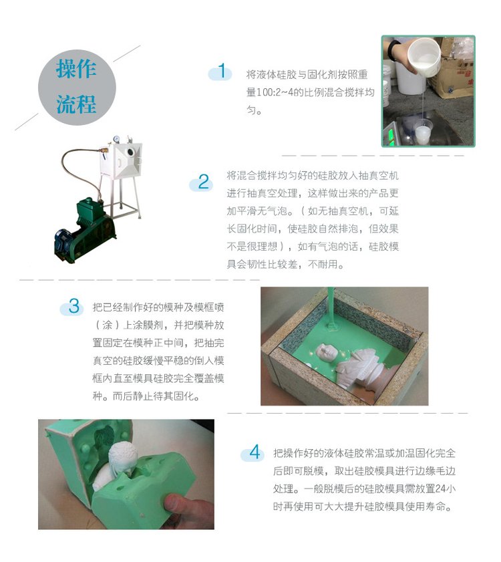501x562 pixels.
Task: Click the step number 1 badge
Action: [x=220, y=72]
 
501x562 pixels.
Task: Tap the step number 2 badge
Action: [x=202, y=182]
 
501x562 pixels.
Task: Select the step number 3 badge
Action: [x=73, y=307]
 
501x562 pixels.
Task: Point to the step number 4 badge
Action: [x=254, y=452]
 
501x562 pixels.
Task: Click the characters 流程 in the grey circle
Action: [x=76, y=104]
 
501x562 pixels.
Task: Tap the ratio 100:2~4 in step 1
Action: [x=273, y=92]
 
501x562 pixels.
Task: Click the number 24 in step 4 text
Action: [x=440, y=488]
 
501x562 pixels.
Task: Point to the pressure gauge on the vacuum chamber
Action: [x=116, y=140]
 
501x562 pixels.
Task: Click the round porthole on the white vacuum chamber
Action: [x=130, y=152]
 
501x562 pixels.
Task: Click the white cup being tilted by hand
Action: [x=425, y=57]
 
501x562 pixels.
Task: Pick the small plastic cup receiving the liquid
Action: [x=424, y=132]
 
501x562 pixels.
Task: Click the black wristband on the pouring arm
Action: [x=393, y=50]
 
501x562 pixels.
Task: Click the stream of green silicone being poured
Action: [x=331, y=309]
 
